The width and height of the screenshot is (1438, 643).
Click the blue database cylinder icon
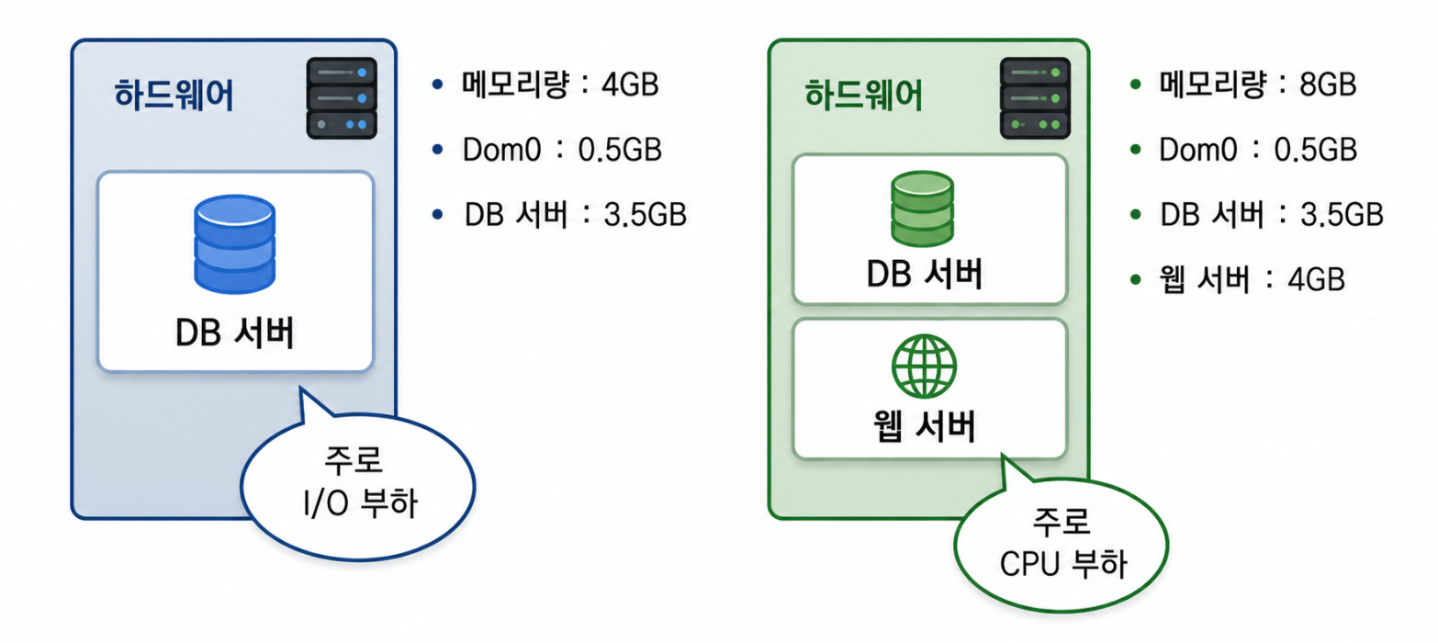click(235, 244)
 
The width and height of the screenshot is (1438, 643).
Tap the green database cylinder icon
click(923, 209)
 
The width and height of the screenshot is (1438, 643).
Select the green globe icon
click(925, 367)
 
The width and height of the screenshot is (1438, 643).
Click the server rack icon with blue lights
click(342, 98)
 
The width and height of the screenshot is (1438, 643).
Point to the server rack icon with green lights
click(1035, 98)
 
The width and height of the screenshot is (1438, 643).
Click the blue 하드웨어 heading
click(174, 95)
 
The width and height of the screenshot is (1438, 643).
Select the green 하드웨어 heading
click(863, 95)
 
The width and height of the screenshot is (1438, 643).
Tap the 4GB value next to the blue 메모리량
click(630, 85)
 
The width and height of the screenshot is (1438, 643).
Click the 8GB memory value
click(1328, 85)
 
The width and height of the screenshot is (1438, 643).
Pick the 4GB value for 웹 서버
click(1316, 279)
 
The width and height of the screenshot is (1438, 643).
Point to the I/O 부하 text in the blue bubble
click(360, 503)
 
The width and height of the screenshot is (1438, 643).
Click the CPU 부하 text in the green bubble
click(1063, 564)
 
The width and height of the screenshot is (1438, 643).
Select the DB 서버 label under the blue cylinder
click(235, 333)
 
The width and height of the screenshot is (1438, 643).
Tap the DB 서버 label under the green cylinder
click(925, 274)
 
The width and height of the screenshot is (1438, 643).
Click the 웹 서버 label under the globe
click(925, 426)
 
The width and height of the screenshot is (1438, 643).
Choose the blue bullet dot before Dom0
click(438, 150)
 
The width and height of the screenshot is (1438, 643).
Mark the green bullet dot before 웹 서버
click(1136, 279)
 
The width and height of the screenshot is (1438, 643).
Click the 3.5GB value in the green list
click(1342, 215)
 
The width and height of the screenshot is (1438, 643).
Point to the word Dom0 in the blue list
click(502, 150)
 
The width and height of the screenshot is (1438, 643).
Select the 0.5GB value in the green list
click(1315, 150)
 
